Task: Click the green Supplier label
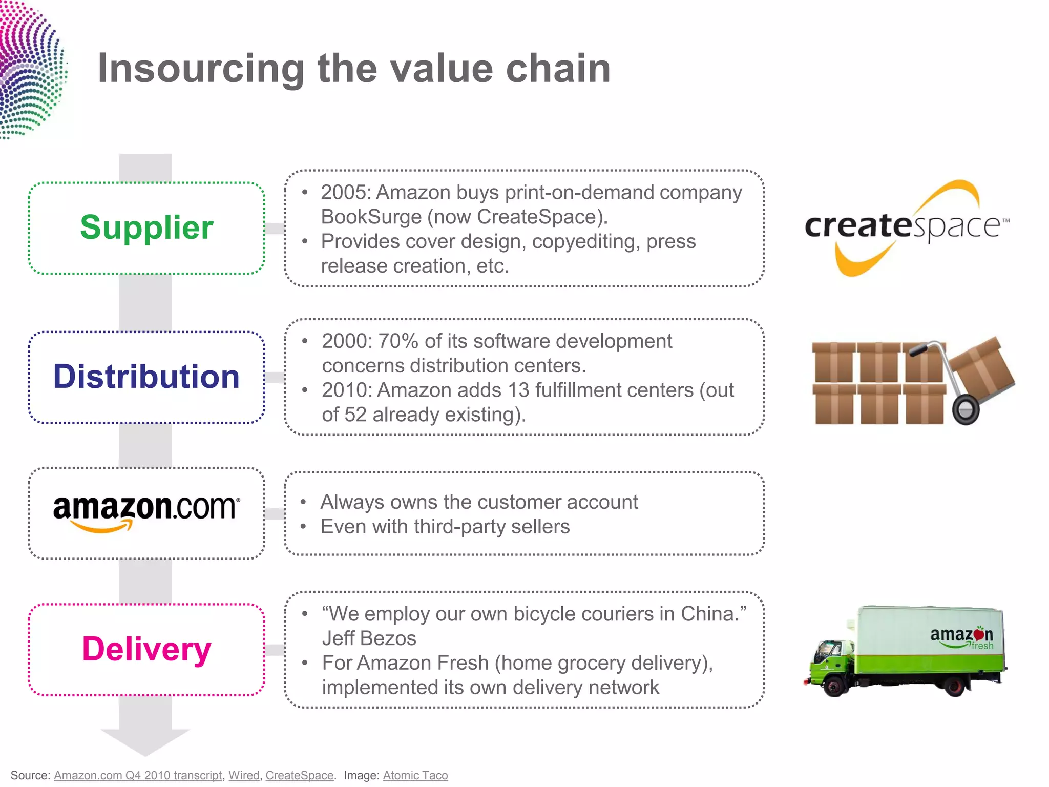[x=146, y=227]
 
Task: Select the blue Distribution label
[x=146, y=377]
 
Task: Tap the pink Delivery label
[x=146, y=649]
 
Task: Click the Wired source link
[x=244, y=775]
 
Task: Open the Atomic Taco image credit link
[x=415, y=775]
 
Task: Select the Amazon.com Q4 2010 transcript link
[x=138, y=775]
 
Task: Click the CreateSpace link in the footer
[x=299, y=775]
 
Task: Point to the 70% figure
[x=398, y=341]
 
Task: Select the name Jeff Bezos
[x=369, y=638]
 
